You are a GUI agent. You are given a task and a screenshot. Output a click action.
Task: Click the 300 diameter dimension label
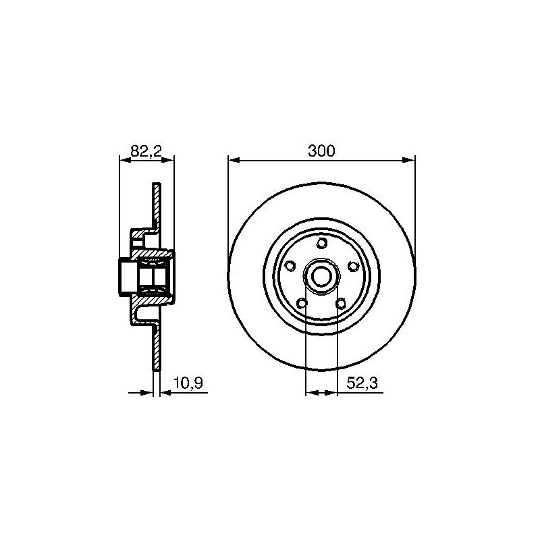pos(321,151)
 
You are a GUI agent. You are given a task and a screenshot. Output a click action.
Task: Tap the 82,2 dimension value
pos(146,151)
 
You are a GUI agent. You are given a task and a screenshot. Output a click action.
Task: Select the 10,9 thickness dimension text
pos(188,383)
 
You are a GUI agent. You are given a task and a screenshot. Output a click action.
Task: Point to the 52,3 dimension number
pos(362,383)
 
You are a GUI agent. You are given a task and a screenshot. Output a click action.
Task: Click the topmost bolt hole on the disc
pos(322,243)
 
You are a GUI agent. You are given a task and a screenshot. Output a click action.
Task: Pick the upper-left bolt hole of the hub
pos(290,266)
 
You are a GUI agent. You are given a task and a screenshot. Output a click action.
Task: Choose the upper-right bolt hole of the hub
pos(353,266)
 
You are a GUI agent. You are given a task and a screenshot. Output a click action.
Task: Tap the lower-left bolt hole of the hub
pos(302,303)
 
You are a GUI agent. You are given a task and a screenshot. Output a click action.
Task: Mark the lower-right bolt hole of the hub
pos(341,303)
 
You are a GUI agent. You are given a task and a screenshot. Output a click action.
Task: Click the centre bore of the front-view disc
pos(322,276)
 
